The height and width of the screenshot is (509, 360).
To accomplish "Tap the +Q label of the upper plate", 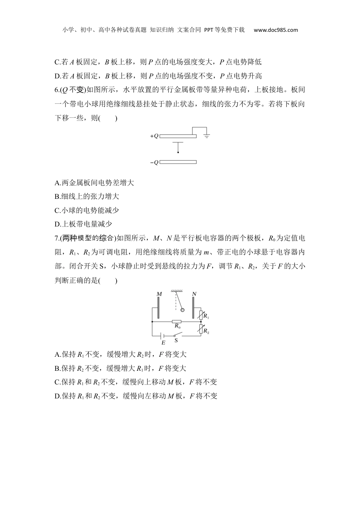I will pos(154,136).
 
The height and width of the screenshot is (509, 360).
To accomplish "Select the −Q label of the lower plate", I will pos(154,162).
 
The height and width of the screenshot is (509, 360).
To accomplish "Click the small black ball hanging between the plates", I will pos(178,153).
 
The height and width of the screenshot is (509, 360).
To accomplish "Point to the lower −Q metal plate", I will pos(178,162).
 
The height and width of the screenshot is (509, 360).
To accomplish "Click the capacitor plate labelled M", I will pos(158,308).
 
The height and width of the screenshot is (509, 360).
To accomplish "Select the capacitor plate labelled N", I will pos(193,308).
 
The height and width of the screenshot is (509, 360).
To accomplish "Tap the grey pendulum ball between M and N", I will pos(183,309).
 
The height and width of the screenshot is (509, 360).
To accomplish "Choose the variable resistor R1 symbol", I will pos(201,315).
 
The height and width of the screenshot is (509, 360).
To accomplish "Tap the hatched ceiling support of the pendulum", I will pos(177,291).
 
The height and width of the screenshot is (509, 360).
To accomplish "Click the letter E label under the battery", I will pos(163,343).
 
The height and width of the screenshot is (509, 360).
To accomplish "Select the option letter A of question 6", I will pos(57,183).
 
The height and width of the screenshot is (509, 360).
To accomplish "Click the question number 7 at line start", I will pos(56,238).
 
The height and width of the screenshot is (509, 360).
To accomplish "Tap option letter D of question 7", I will pos(57,396).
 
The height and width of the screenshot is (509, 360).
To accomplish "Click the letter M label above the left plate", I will pos(159,294).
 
